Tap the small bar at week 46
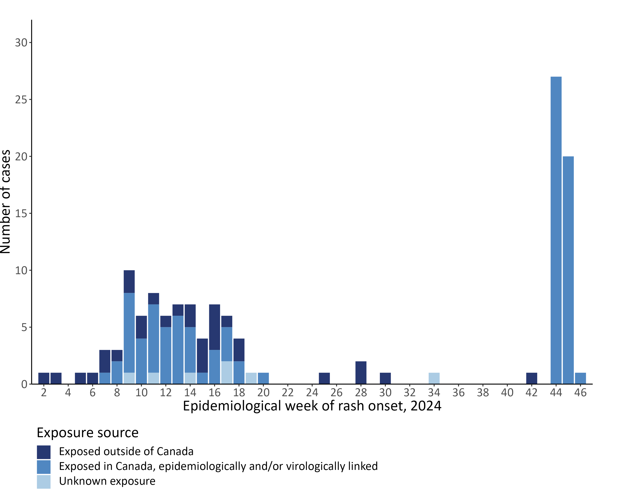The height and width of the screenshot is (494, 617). coord(580,378)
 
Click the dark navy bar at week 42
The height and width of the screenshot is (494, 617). coord(531,378)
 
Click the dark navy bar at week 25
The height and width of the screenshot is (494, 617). coord(324,378)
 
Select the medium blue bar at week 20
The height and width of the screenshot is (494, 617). coord(263,378)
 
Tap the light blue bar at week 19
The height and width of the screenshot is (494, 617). coord(251,378)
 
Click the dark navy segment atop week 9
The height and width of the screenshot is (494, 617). coord(129,282)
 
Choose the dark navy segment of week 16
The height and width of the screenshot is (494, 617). coord(214,327)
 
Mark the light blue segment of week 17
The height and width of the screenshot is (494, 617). coord(227,372)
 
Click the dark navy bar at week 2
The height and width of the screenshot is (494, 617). coord(44,378)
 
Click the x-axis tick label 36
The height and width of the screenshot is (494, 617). coord(458,393)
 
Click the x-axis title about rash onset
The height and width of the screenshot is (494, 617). coord(312,406)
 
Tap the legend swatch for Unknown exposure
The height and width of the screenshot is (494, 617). coord(44,482)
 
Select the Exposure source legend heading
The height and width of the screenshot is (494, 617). coord(88,433)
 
